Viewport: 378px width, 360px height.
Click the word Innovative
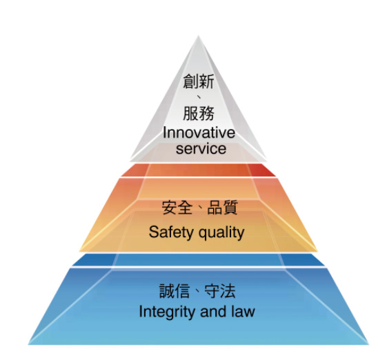click(199, 133)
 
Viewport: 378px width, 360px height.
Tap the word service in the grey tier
click(201, 148)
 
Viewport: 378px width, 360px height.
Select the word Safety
click(171, 232)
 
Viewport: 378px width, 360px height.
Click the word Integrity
click(168, 312)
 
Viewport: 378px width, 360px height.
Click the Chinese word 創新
click(199, 81)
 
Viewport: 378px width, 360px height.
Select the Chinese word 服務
click(199, 113)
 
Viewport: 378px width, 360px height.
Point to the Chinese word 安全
click(177, 208)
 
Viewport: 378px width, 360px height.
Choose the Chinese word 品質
click(223, 208)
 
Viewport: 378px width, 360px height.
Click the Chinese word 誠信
click(175, 291)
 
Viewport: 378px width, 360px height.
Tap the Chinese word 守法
click(220, 291)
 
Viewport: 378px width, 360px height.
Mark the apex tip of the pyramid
click(199, 36)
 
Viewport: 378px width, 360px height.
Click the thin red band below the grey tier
click(199, 170)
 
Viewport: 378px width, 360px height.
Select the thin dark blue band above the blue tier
click(199, 260)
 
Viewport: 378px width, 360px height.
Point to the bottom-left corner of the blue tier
click(28, 345)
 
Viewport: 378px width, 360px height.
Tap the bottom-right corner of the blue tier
click(369, 345)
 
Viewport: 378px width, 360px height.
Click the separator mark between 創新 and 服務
click(199, 97)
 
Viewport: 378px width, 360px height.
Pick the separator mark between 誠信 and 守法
click(197, 292)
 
